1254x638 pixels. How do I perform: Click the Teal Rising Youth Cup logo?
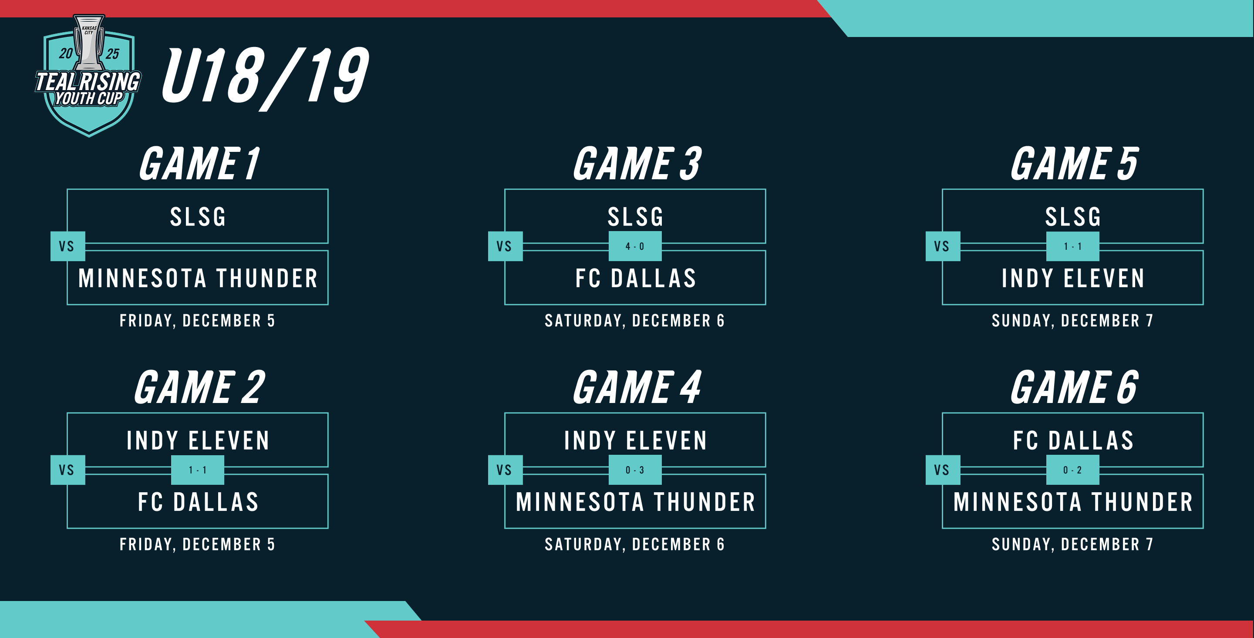pos(88,75)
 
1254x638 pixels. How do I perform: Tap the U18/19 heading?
pos(265,78)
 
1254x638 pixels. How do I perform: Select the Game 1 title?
pos(199,164)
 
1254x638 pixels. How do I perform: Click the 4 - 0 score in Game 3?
pos(635,246)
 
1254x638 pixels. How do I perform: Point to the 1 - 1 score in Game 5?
pos(1072,246)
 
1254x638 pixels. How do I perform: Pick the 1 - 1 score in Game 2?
pos(198,470)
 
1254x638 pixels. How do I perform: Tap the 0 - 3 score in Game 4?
pos(635,470)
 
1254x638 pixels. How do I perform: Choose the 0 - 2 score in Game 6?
pos(1072,470)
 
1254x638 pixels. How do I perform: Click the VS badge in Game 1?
pos(67,246)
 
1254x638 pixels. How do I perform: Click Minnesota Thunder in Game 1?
pos(198,279)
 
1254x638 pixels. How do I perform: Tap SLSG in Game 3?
pos(635,217)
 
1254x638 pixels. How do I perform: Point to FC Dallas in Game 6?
pos(1073,441)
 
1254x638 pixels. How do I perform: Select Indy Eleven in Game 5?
pos(1073,279)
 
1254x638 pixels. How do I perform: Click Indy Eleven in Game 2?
pos(198,441)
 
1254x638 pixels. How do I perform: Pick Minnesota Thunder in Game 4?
pos(635,502)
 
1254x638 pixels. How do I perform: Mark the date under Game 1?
pos(198,321)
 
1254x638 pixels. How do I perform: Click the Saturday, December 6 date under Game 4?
pos(635,544)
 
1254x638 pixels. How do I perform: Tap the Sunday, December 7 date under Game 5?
pos(1072,321)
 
